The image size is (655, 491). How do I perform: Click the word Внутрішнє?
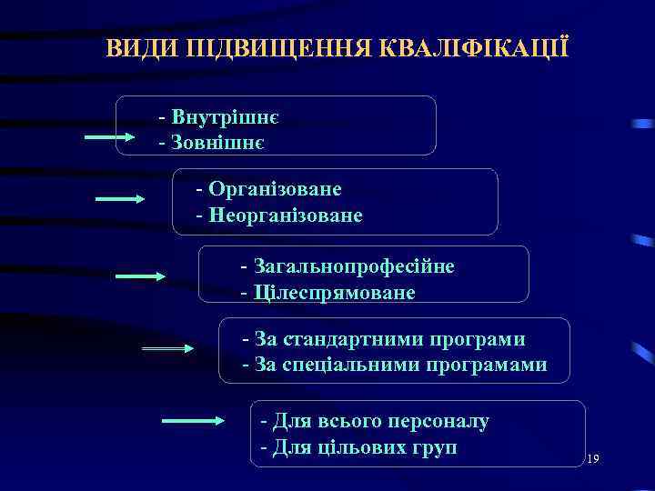pos(225,118)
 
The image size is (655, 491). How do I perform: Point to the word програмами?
pos(495,366)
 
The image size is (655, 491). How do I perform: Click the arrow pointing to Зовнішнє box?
pos(110,137)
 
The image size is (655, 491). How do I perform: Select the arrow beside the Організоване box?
pos(120,198)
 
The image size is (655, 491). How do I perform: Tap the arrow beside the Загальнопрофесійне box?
pos(140,276)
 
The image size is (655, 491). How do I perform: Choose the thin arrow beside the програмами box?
pos(168,348)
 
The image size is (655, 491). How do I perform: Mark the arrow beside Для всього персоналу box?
pos(193,420)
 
